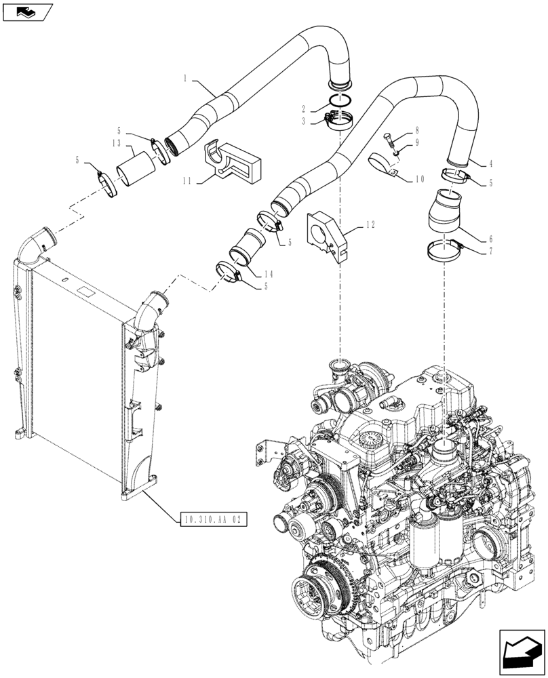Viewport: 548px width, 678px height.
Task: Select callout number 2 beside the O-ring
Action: pyautogui.click(x=306, y=108)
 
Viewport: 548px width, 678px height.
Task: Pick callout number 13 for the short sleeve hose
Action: pyautogui.click(x=117, y=143)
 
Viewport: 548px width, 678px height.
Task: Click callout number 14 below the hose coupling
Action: pyautogui.click(x=269, y=273)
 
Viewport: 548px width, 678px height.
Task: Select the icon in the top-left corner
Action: pyautogui.click(x=26, y=12)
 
